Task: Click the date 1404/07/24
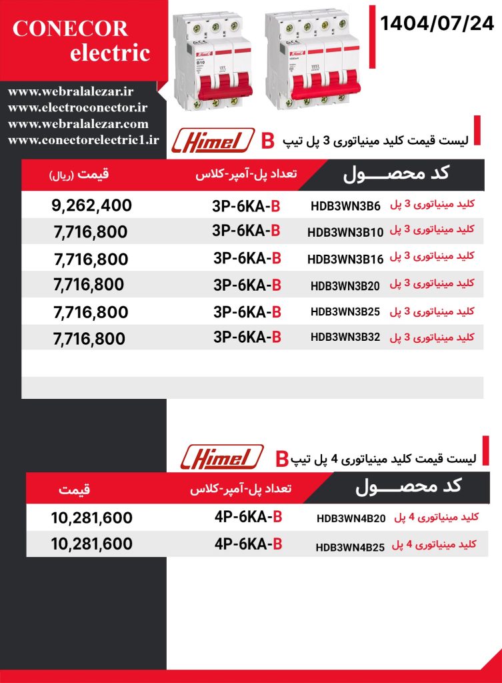[x=437, y=25]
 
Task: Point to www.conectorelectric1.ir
[x=83, y=139]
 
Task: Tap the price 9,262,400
[x=91, y=205]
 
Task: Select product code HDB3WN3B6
[x=345, y=206]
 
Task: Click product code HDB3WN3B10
[x=345, y=232]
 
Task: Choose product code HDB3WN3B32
[x=345, y=337]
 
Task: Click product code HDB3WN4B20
[x=351, y=518]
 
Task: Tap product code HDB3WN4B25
[x=350, y=547]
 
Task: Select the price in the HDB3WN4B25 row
[x=91, y=544]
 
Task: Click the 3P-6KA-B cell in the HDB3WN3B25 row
[x=247, y=311]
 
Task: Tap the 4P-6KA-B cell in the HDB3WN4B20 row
[x=248, y=517]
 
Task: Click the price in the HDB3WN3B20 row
[x=88, y=285]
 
